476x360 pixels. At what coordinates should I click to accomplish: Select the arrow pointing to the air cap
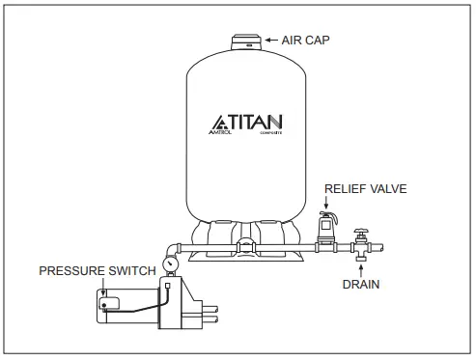[270, 40]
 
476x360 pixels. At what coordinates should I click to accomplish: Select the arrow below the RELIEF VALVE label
[326, 203]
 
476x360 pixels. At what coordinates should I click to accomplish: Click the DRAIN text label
[360, 285]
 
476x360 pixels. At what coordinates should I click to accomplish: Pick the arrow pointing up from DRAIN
[360, 270]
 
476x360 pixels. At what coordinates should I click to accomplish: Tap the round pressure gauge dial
[170, 262]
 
